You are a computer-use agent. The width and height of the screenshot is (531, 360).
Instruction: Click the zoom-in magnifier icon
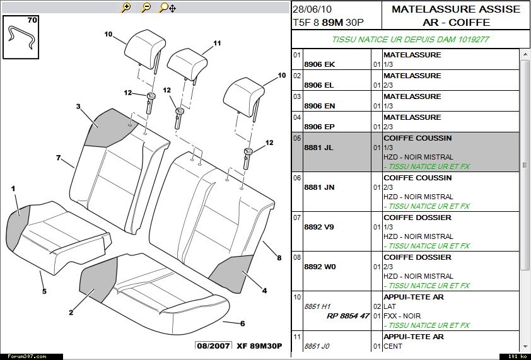point(126,8)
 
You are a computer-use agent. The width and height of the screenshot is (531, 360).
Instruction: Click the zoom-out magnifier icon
point(146,8)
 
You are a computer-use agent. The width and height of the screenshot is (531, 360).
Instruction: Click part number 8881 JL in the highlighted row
point(319,148)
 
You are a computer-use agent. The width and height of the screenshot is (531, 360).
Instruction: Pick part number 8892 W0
point(320,267)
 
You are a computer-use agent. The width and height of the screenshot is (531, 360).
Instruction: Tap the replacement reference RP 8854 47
point(347,316)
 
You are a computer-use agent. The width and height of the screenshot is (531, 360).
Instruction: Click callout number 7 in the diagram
point(58,158)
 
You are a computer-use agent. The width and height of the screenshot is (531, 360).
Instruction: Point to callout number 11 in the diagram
point(217,44)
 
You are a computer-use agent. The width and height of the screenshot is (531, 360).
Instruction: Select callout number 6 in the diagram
point(242,323)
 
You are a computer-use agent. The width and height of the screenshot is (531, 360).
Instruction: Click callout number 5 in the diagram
point(44,291)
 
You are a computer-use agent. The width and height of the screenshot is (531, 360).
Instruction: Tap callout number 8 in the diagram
point(278,257)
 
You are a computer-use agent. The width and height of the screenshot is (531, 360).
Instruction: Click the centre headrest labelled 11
point(187,63)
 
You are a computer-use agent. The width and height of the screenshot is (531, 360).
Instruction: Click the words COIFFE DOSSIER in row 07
point(417,218)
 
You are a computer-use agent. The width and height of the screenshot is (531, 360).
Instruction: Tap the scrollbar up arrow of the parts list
point(524,55)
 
